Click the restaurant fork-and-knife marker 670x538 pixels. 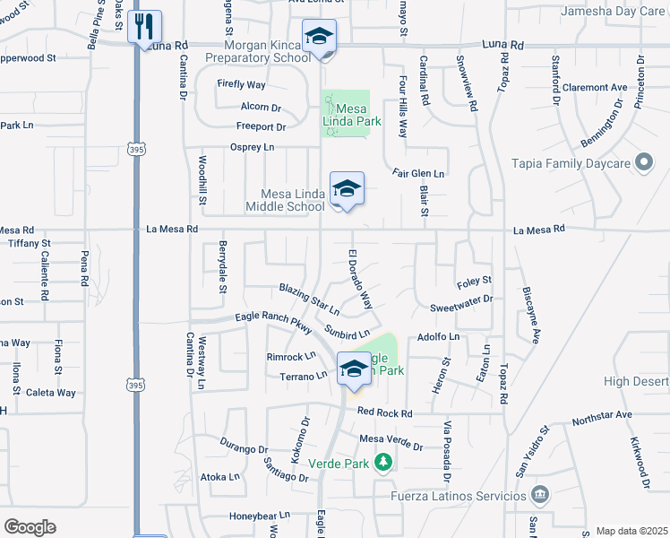point(144,27)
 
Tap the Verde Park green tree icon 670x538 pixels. point(383,462)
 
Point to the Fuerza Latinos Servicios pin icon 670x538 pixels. point(539,494)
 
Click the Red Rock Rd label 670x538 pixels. point(384,412)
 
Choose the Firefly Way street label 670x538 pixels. point(241,84)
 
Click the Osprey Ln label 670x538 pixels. point(252,147)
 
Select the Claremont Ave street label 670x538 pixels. point(595,88)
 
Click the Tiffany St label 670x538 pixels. point(30,243)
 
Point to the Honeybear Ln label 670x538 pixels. point(260,516)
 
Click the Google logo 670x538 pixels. point(30,526)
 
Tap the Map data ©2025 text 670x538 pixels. point(631,531)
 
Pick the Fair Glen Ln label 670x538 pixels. point(418,172)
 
